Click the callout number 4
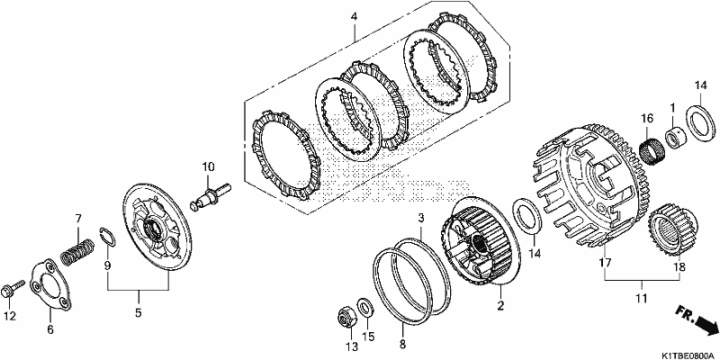(354, 17)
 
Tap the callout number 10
(208, 166)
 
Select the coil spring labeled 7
(78, 252)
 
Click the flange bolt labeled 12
(13, 289)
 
